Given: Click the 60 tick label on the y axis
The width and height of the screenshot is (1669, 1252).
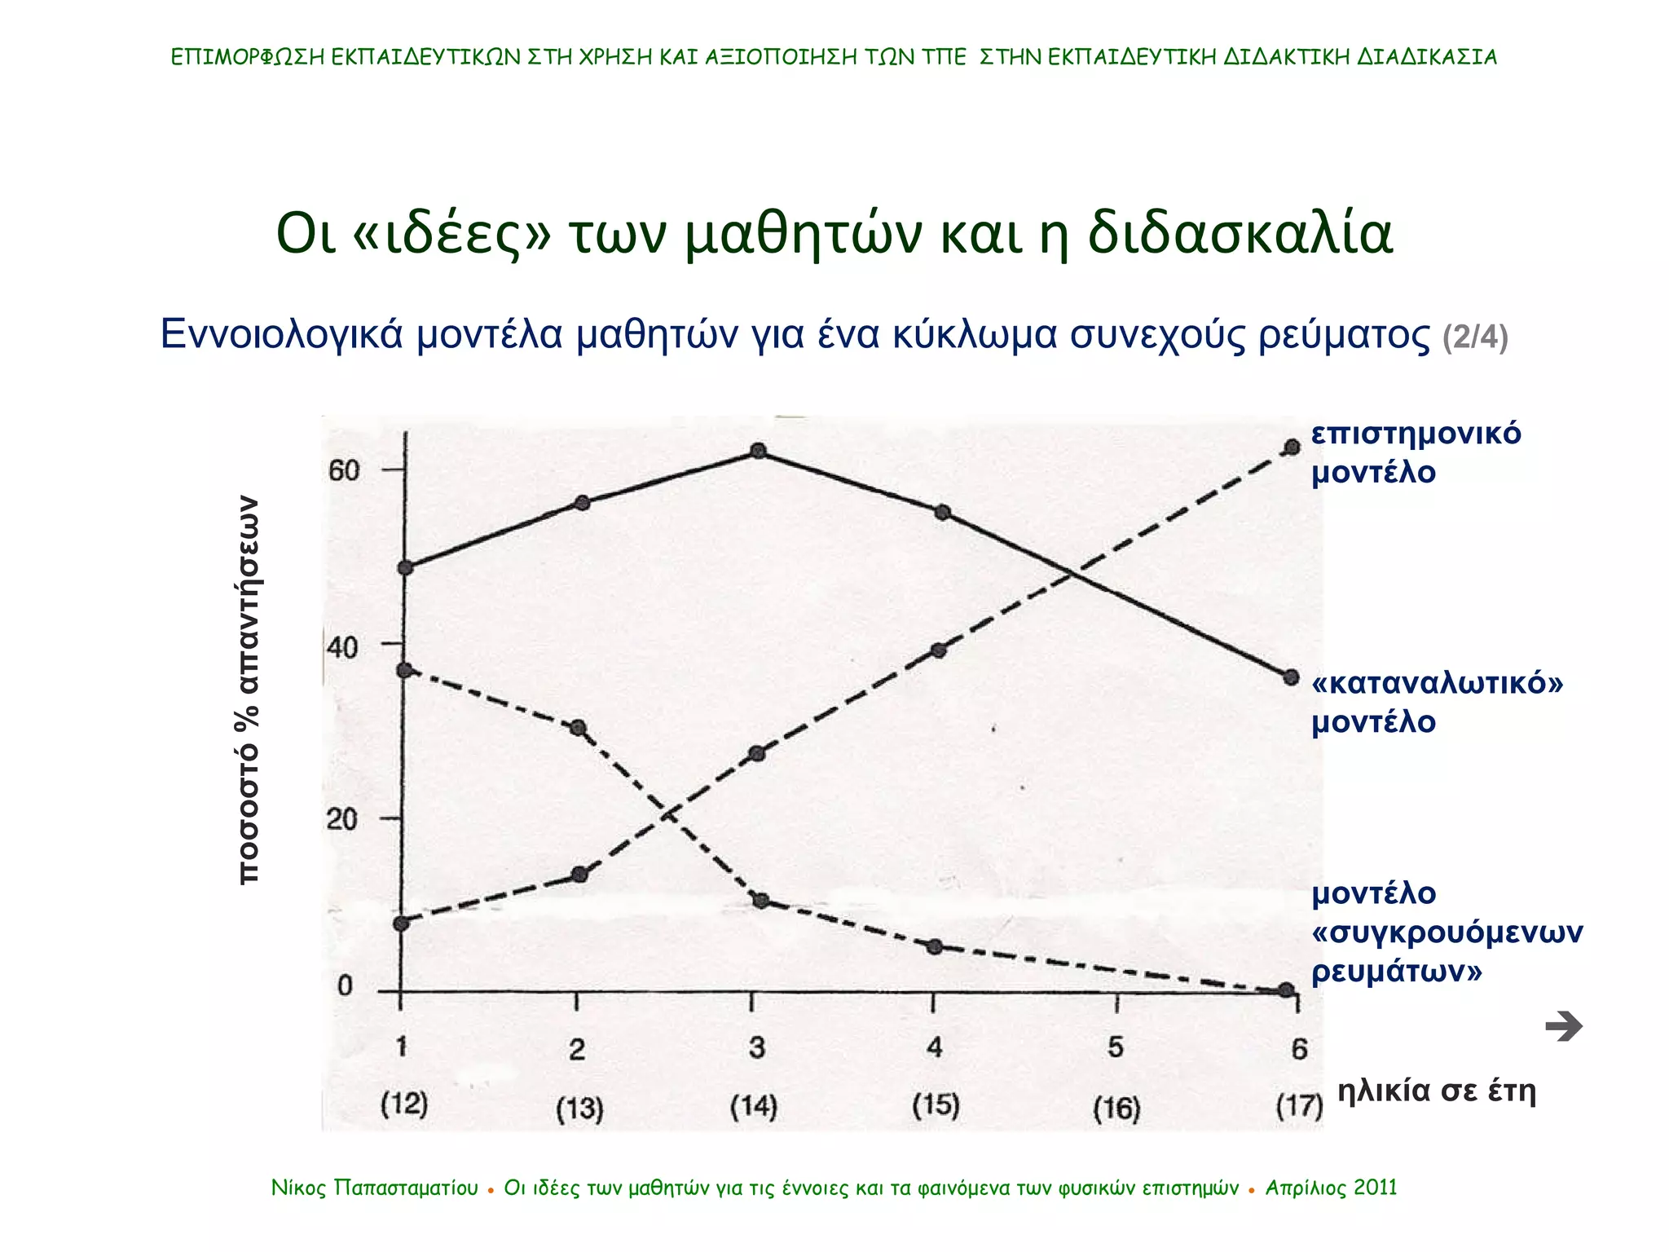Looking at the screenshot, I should coord(343,470).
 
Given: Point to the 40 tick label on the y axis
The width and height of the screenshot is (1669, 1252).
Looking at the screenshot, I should coord(342,648).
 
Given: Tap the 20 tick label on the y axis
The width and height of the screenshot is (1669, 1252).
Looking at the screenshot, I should coord(342,819).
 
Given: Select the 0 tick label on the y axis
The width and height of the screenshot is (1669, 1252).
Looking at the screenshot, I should coord(345,986).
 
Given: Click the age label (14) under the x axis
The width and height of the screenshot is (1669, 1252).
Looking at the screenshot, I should coord(754,1106).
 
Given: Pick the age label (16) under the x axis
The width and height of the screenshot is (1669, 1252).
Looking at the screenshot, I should coord(1116,1108).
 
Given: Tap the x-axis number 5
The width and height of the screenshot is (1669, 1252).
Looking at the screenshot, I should coord(1116,1047).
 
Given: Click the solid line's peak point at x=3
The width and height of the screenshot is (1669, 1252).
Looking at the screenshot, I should coord(758,451).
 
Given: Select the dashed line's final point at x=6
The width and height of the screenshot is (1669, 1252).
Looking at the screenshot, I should coord(1292,447).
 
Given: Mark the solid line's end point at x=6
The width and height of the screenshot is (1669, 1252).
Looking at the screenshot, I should coord(1291,677).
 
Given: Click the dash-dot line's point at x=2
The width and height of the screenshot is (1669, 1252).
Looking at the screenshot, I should coord(579,728).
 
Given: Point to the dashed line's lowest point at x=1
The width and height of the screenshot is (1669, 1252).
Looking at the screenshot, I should coord(401,924).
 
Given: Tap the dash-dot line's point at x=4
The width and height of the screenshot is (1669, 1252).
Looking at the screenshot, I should coord(936,947).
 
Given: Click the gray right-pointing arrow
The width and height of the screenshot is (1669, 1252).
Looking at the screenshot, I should coord(1563,1026).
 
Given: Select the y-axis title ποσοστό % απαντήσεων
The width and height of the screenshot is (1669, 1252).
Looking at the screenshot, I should coord(248,690).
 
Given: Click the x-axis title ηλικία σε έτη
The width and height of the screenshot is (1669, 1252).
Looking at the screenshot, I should coord(1437,1090).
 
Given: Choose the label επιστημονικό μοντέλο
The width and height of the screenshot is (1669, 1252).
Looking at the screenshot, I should coord(1416,452).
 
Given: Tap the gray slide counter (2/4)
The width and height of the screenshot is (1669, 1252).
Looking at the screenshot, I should coord(1475,337).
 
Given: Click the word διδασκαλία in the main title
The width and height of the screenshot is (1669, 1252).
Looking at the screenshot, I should coord(1240,233).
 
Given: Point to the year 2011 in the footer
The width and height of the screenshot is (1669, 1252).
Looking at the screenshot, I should coord(1376,1188).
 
